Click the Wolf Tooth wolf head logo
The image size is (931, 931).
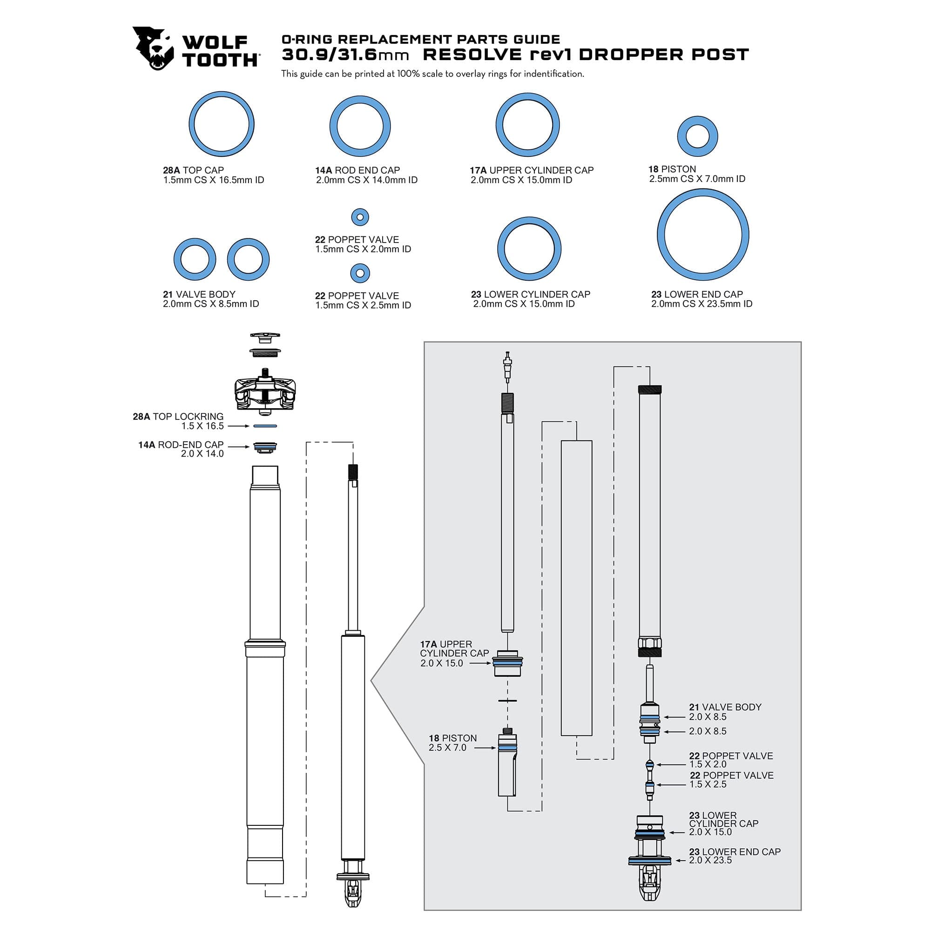click(x=153, y=48)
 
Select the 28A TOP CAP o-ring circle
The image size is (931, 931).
click(x=221, y=124)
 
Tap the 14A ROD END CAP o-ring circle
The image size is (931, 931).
click(x=360, y=126)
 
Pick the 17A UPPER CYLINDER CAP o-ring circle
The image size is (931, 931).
click(x=527, y=125)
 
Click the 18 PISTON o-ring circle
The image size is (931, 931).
click(x=697, y=136)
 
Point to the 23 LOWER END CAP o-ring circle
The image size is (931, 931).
click(x=702, y=235)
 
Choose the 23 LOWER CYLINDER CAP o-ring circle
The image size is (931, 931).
click(x=529, y=249)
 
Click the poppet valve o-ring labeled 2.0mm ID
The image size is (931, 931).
click(x=360, y=217)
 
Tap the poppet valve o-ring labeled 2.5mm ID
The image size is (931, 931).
click(x=360, y=273)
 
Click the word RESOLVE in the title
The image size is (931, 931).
click(x=472, y=55)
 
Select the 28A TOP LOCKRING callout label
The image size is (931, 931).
click(x=178, y=421)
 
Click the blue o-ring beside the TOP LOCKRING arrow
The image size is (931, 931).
click(x=265, y=426)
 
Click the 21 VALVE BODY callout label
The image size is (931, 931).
click(x=725, y=712)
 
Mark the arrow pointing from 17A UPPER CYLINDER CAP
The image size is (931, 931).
click(x=480, y=663)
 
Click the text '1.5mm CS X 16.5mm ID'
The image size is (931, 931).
click(x=214, y=180)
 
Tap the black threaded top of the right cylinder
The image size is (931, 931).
click(x=649, y=389)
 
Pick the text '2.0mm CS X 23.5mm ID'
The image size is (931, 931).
click(x=702, y=304)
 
